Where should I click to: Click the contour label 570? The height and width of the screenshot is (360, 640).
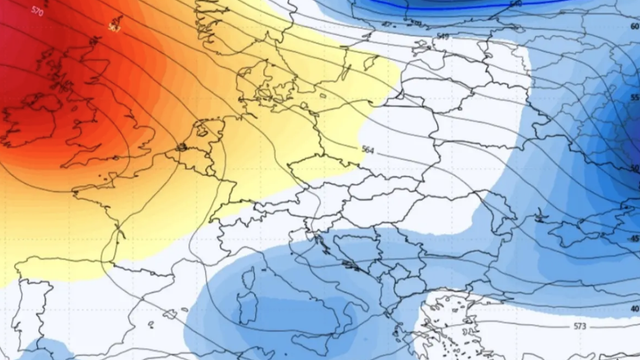point(38,11)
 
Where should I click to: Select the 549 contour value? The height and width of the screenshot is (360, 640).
point(442,37)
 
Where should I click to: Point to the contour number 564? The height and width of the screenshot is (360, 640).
point(368,149)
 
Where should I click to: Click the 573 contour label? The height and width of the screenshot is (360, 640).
point(580,328)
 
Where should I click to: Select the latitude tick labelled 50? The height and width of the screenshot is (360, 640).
point(633,167)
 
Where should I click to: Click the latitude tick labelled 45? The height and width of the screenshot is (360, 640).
point(633,239)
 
